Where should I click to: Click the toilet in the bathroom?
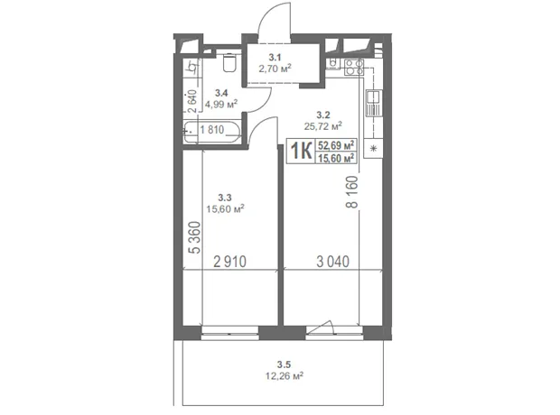[x=229, y=62]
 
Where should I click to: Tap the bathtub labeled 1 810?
[x=212, y=133]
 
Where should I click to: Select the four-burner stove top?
[x=353, y=67]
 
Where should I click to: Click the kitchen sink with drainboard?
[x=374, y=104]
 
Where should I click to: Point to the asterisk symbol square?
[x=373, y=149]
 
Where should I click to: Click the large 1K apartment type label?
[x=301, y=151]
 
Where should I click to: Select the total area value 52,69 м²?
[x=336, y=145]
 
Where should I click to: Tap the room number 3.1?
[x=275, y=57]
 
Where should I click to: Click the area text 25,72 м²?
[x=322, y=126]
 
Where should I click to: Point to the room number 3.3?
[x=225, y=198]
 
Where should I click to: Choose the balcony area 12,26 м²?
[x=285, y=375]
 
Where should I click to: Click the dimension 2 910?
[x=229, y=262]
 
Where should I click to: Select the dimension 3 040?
[x=333, y=262]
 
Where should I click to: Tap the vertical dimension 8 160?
[x=351, y=192]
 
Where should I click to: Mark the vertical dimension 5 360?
[x=195, y=237]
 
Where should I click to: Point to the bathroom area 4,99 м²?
[x=221, y=104]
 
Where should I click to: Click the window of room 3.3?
[x=230, y=332]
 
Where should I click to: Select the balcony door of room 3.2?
[x=334, y=331]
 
